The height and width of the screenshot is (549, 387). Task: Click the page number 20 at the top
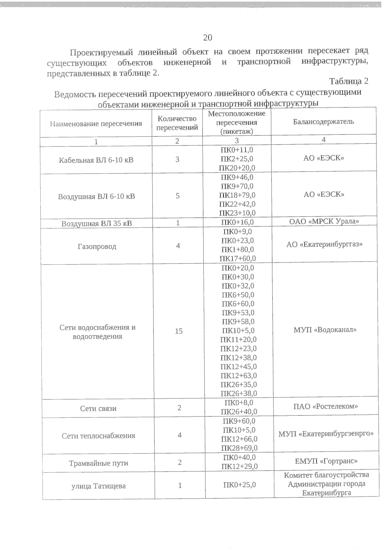pyautogui.click(x=207, y=38)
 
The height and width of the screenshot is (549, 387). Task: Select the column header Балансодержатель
pyautogui.click(x=323, y=122)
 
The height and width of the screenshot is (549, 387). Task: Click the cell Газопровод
pyautogui.click(x=97, y=246)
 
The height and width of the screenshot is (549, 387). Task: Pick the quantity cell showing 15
pyautogui.click(x=179, y=331)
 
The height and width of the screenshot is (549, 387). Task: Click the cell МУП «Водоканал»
pyautogui.click(x=325, y=330)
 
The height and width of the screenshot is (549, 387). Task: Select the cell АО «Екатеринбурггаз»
pyautogui.click(x=324, y=244)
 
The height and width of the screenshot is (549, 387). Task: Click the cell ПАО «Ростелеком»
pyautogui.click(x=326, y=406)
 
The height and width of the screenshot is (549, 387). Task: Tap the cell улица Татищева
pyautogui.click(x=98, y=486)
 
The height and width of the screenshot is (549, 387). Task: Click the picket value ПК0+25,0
pyautogui.click(x=240, y=484)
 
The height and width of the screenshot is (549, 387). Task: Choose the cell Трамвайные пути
pyautogui.click(x=99, y=463)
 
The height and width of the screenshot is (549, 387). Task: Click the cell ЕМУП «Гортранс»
pyautogui.click(x=326, y=461)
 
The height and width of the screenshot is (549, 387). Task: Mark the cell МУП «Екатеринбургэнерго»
pyautogui.click(x=326, y=434)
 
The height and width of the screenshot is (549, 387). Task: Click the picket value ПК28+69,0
pyautogui.click(x=239, y=448)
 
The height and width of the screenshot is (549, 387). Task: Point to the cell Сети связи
pyautogui.click(x=98, y=409)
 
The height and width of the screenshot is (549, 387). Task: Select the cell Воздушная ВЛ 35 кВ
pyautogui.click(x=97, y=224)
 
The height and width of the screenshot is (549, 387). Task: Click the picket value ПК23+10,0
pyautogui.click(x=237, y=213)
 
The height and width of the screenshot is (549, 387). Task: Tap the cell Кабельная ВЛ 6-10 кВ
pyautogui.click(x=96, y=160)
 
